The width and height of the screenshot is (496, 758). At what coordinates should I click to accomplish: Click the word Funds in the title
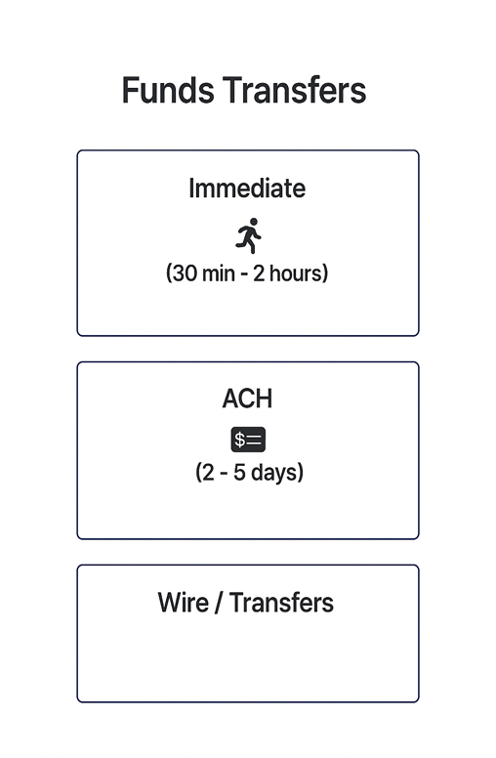pyautogui.click(x=168, y=91)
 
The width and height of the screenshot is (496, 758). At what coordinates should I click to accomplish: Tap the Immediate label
pyautogui.click(x=247, y=189)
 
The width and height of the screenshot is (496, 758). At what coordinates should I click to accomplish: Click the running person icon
pyautogui.click(x=248, y=235)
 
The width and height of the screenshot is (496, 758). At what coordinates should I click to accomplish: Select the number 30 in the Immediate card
pyautogui.click(x=185, y=274)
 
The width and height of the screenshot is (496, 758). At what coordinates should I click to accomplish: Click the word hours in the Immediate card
pyautogui.click(x=296, y=274)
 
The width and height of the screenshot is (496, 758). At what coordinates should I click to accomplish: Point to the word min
pyautogui.click(x=219, y=274)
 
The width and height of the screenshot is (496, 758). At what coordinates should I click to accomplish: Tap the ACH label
pyautogui.click(x=247, y=399)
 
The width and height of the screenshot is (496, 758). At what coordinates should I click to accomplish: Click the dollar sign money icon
pyautogui.click(x=248, y=440)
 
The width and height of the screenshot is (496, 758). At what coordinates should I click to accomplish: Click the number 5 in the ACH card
pyautogui.click(x=239, y=473)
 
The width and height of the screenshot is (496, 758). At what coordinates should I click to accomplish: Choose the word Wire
pyautogui.click(x=184, y=603)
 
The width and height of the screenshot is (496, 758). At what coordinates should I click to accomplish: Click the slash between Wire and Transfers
pyautogui.click(x=219, y=603)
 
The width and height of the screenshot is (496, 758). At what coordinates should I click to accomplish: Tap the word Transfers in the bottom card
pyautogui.click(x=281, y=603)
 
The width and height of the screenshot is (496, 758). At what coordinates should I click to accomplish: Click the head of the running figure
pyautogui.click(x=253, y=222)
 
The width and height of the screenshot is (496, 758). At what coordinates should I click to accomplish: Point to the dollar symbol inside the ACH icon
pyautogui.click(x=240, y=440)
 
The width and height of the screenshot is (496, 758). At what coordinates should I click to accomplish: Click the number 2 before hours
pyautogui.click(x=259, y=274)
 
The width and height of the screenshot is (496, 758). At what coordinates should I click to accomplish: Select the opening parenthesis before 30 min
pyautogui.click(x=169, y=274)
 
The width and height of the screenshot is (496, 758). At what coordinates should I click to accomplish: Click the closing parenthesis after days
pyautogui.click(x=301, y=473)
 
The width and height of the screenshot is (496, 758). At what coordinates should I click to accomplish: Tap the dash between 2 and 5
pyautogui.click(x=224, y=474)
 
